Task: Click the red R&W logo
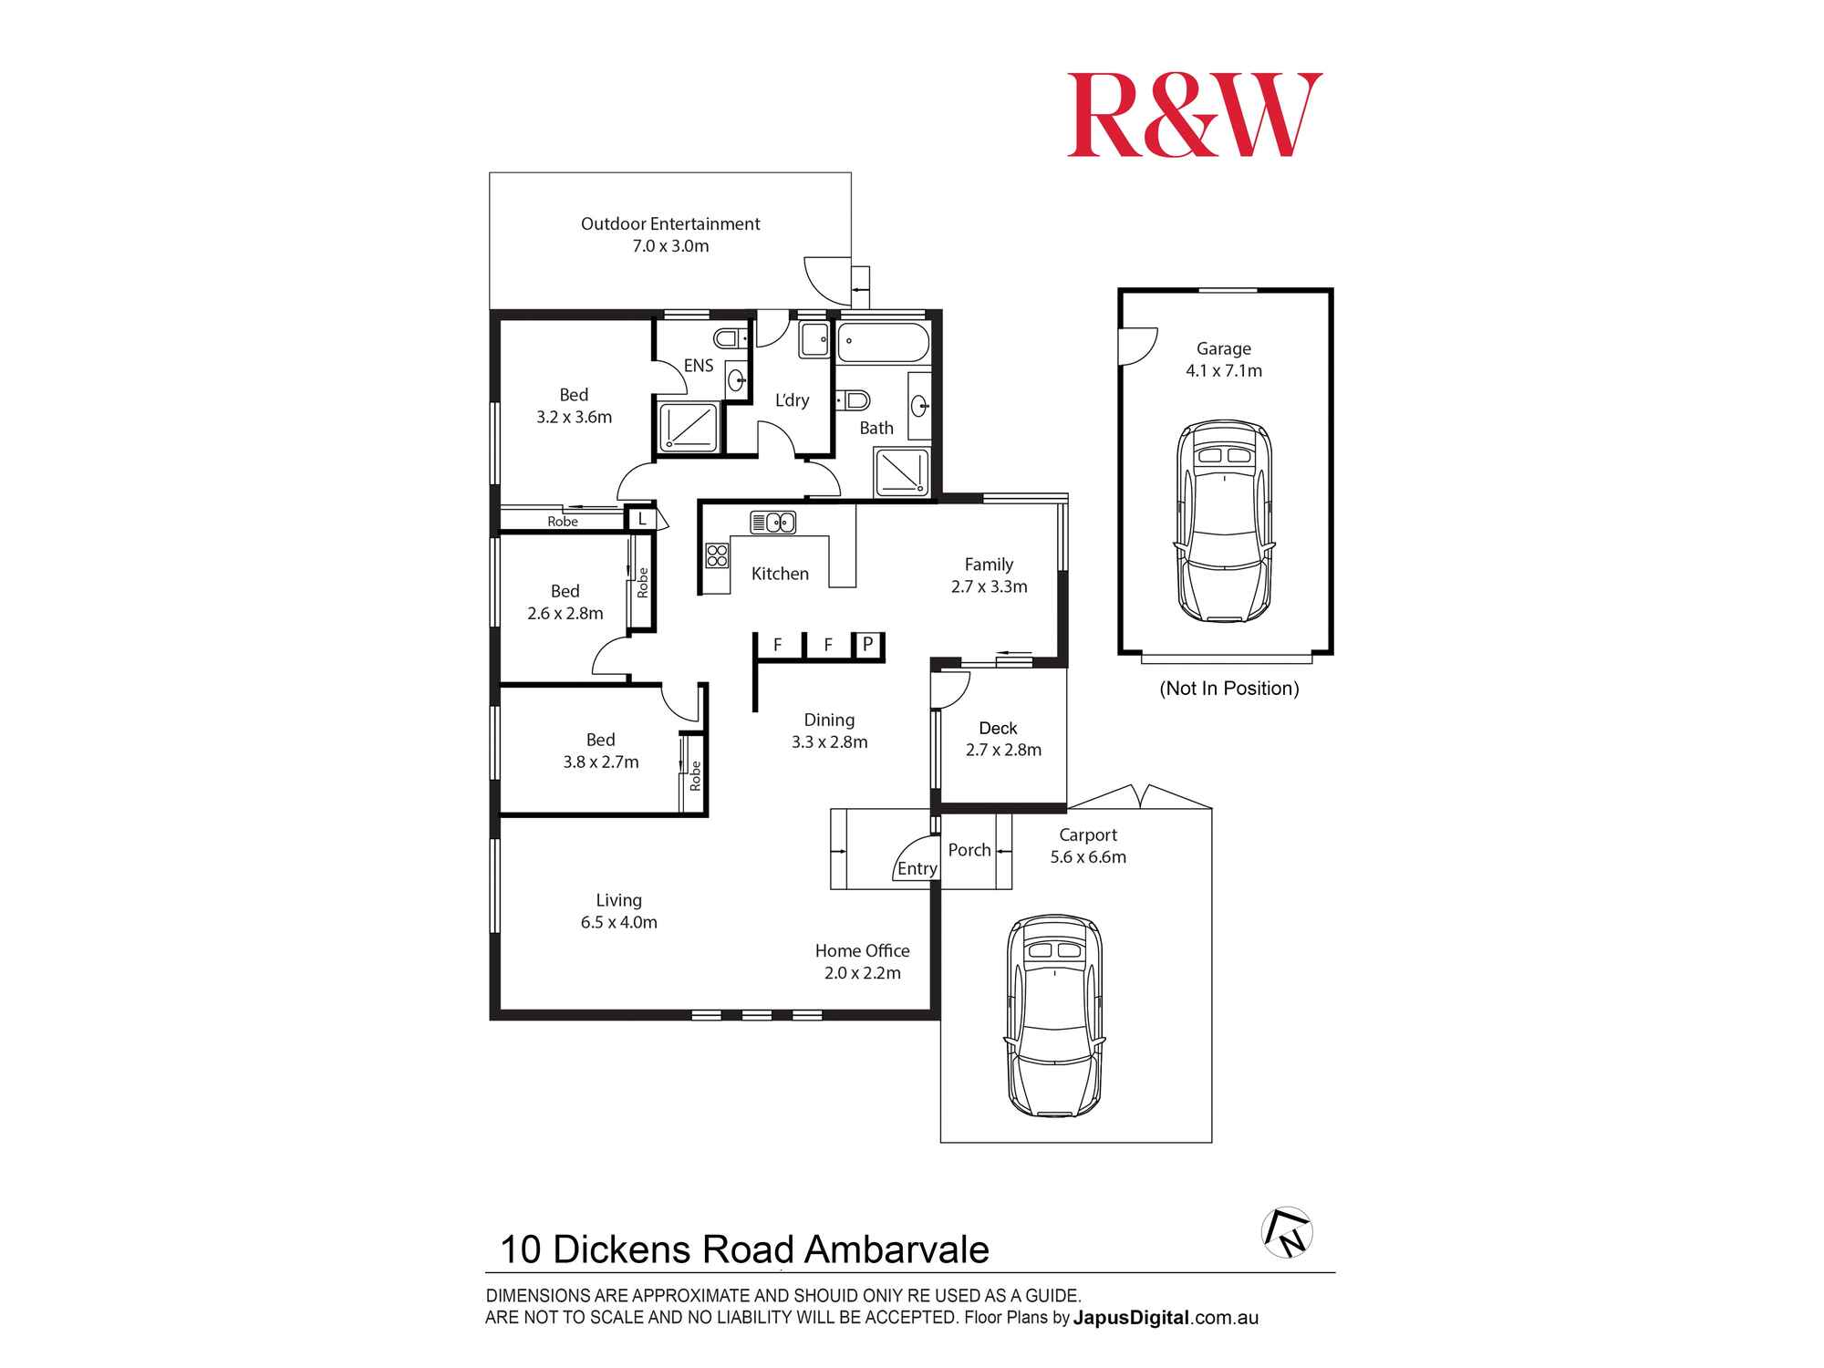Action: click(x=1194, y=116)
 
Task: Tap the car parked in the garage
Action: click(x=1224, y=522)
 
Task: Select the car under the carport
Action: click(x=1054, y=1015)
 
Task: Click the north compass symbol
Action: click(x=1287, y=1232)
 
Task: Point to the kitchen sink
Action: click(x=772, y=523)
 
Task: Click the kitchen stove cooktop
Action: click(x=717, y=555)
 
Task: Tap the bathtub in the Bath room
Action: click(x=882, y=345)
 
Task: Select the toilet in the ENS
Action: click(x=730, y=339)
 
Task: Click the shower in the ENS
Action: click(x=689, y=426)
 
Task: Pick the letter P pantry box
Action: click(x=867, y=645)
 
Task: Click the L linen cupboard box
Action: click(x=642, y=519)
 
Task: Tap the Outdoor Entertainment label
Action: click(x=670, y=224)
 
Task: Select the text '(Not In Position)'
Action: click(x=1228, y=689)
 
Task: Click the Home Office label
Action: click(x=862, y=951)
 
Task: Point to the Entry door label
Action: click(x=917, y=869)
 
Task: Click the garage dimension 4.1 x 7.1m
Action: click(x=1224, y=371)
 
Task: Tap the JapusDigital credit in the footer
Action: click(x=1131, y=1318)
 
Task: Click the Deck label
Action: click(x=998, y=729)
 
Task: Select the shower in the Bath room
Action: click(x=900, y=472)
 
